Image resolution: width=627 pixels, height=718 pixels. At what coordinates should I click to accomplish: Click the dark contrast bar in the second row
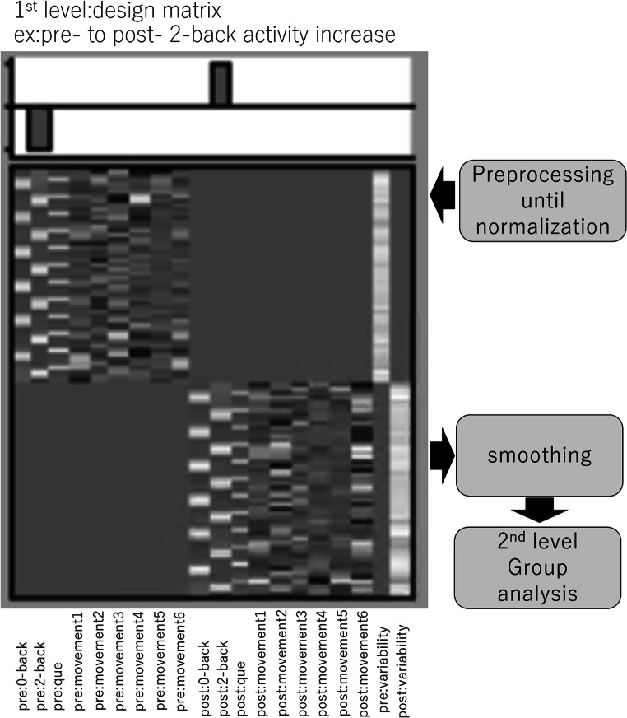click(39, 130)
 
